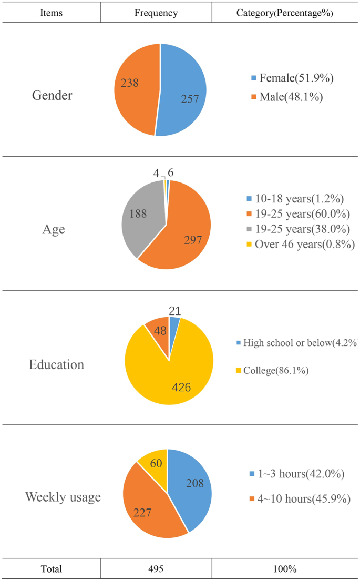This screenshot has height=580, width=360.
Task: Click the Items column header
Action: [51, 13]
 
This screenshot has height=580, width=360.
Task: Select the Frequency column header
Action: [156, 13]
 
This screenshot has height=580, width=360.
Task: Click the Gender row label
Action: [52, 96]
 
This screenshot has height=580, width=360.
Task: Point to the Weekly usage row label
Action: [64, 497]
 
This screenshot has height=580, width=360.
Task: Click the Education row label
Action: [56, 364]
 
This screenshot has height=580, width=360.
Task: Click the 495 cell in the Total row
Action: [156, 569]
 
